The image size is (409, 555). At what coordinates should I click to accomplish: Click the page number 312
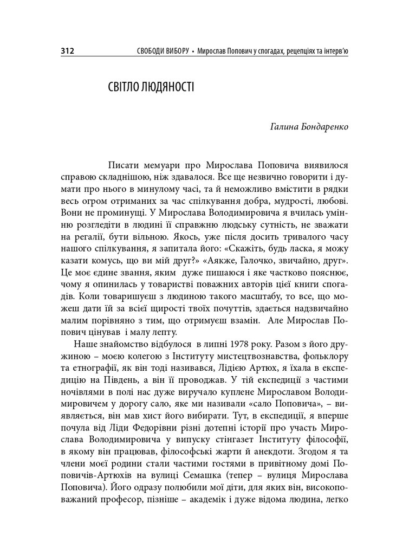coord(67,52)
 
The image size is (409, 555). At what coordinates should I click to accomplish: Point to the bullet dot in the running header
coord(193,52)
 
